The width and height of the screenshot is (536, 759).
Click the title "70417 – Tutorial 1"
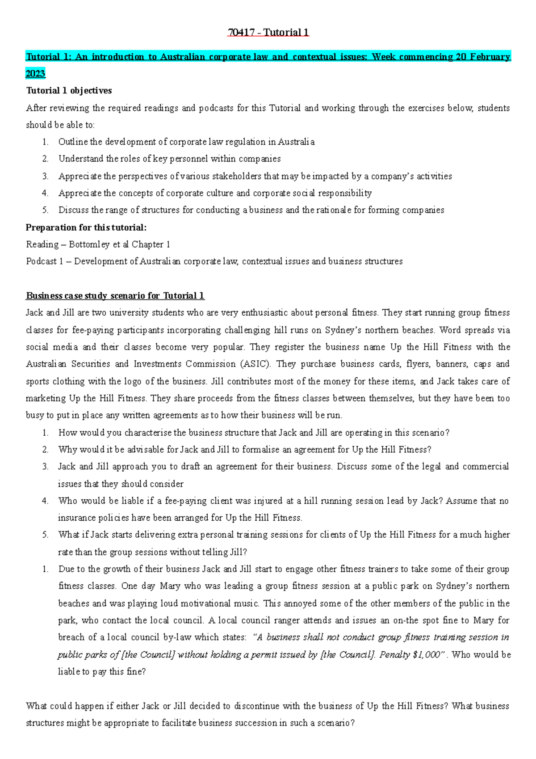268,33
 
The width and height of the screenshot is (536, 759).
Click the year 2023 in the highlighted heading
36,74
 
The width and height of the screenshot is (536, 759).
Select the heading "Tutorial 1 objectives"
69,91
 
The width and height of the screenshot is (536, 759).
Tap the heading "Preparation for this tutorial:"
86,228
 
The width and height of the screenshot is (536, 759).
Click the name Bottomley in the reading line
89,245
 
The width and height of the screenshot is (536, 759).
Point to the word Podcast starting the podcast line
42,261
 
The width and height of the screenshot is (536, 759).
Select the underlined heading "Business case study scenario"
115,296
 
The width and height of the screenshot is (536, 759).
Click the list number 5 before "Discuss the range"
45,211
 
